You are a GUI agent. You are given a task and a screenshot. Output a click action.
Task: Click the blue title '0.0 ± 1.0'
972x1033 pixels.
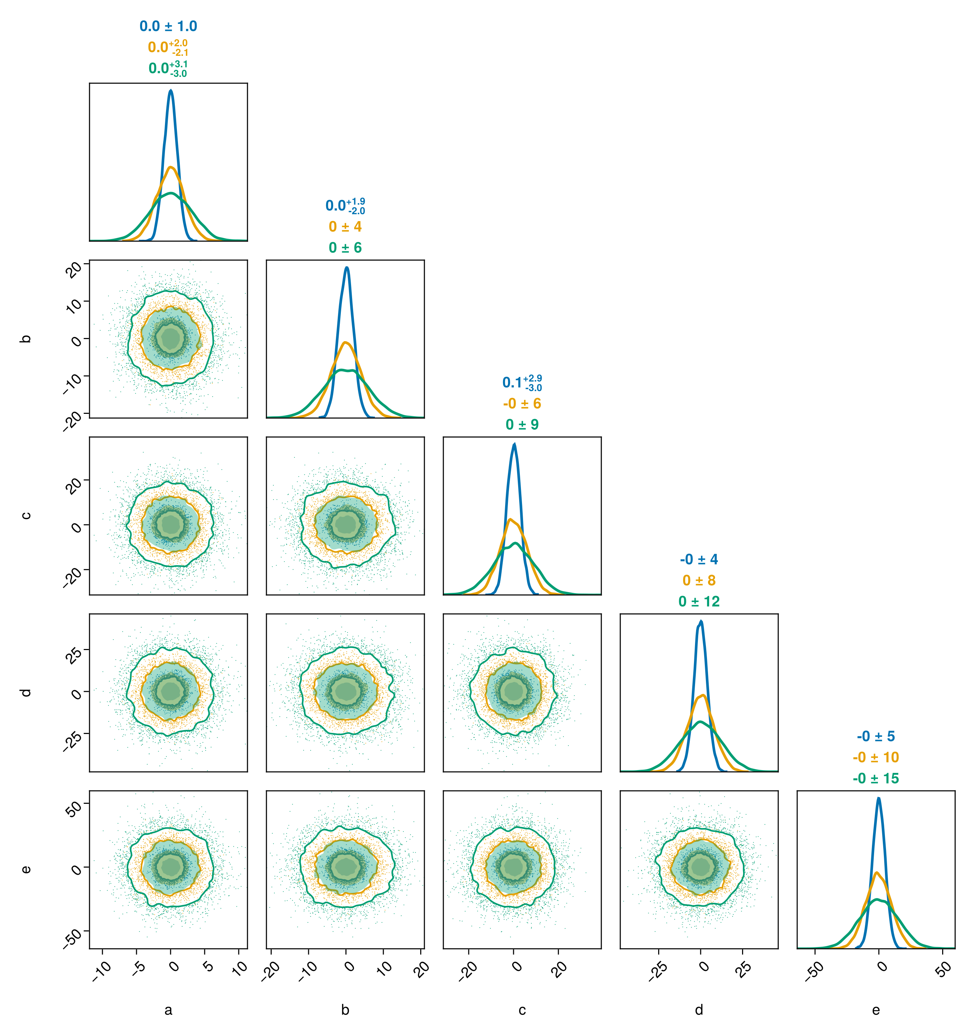(x=168, y=26)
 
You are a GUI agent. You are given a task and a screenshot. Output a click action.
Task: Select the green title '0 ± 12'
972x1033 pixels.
(x=699, y=602)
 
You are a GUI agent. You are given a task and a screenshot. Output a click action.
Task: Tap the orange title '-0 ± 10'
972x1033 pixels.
(x=876, y=757)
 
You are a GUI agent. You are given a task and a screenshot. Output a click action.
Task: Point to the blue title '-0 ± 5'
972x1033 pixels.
(x=876, y=736)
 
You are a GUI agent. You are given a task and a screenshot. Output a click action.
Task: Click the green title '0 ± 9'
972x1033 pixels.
(x=522, y=424)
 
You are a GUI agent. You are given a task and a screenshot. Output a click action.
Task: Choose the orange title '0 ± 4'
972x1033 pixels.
(x=345, y=226)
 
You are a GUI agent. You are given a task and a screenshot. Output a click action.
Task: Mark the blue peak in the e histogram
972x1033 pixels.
(x=878, y=798)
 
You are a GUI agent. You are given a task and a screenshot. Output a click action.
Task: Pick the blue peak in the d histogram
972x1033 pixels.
(x=701, y=621)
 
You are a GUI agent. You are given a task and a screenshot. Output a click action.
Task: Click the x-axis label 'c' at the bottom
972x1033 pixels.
(x=522, y=1010)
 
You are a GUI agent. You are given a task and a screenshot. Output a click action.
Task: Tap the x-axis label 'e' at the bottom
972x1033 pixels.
(x=876, y=1010)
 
